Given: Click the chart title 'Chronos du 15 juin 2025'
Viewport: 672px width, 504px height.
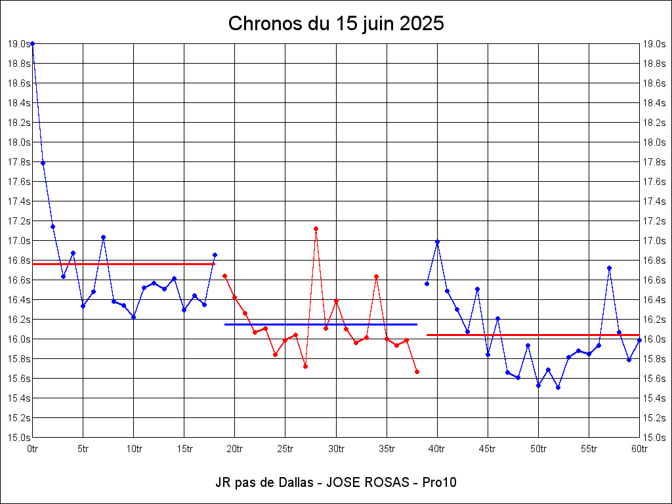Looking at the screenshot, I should pos(336,24).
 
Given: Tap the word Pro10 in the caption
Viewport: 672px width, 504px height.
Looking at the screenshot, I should pos(440,483).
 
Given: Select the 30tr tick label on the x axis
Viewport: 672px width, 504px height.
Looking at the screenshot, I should pos(336,449).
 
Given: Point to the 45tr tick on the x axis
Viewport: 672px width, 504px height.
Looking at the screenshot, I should pos(488,449).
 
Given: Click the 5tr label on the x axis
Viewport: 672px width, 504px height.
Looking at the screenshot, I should pos(83,449).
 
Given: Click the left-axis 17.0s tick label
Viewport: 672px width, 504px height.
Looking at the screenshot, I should pos(19,241).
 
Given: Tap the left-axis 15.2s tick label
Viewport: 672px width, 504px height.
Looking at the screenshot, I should pos(19,418).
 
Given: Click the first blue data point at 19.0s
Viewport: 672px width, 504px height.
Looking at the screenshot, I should pos(33,44).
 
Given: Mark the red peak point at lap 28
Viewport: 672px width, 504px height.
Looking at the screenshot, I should pos(316,228).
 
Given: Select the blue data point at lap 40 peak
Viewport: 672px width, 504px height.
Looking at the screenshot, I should pos(437,242).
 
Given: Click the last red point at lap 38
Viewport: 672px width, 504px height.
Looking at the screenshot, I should pos(417,371).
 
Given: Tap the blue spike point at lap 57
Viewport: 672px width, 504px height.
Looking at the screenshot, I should pos(609,268).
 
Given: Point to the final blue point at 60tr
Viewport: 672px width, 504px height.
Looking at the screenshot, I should pos(639,340).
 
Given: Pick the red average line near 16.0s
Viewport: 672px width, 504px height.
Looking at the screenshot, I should pos(532,335).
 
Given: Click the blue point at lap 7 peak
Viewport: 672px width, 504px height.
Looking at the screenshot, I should pos(103,237).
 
